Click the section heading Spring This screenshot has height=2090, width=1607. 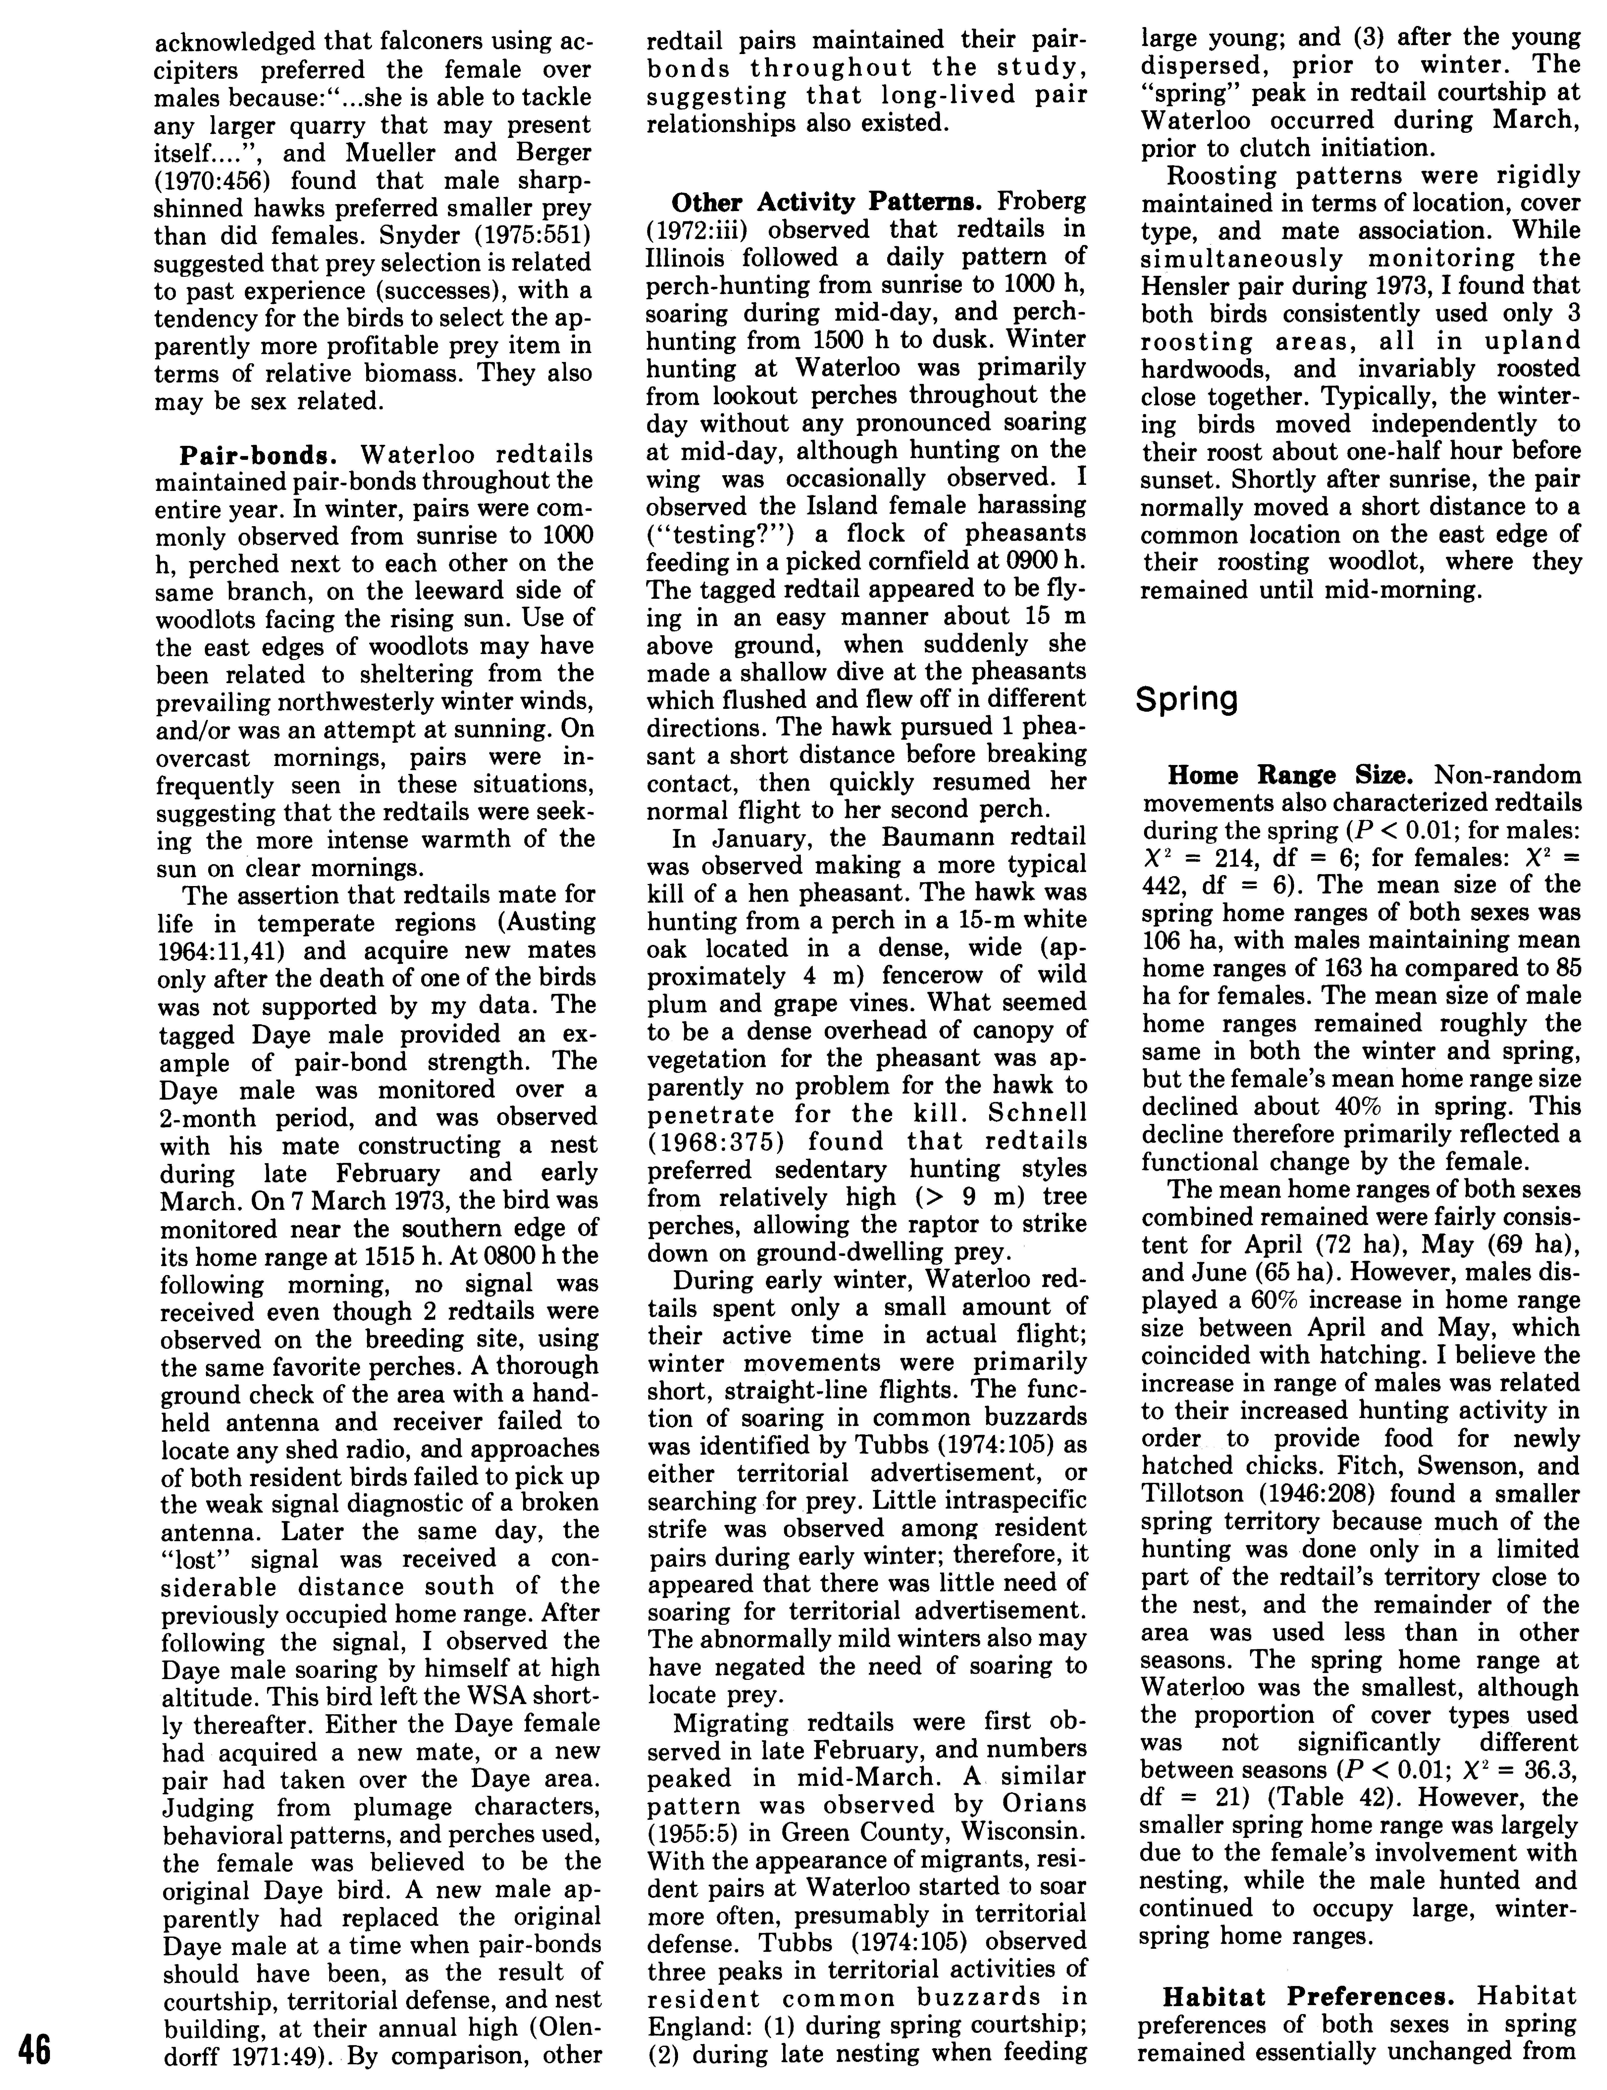pyautogui.click(x=1186, y=699)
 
